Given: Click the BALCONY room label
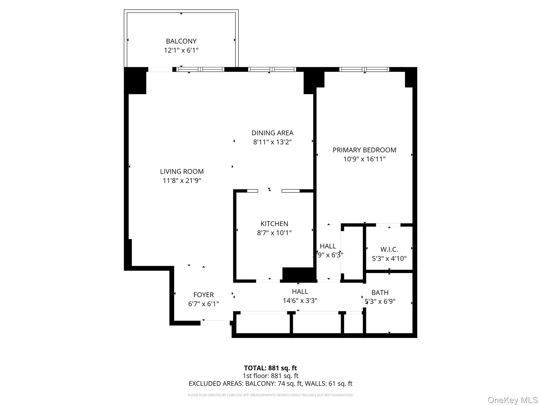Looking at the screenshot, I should (x=181, y=41).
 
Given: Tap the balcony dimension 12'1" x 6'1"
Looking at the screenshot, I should (x=181, y=50).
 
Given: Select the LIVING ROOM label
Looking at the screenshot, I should (x=182, y=172).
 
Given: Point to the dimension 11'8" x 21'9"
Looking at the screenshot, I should (x=182, y=181).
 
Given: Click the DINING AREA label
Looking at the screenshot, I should (x=272, y=133).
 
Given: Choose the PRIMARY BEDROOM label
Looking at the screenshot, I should (x=364, y=150).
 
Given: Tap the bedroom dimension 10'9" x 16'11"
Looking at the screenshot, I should (x=364, y=159).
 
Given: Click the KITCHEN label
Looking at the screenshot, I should (x=274, y=224).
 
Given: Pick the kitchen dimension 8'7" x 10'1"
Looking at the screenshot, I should (x=274, y=233).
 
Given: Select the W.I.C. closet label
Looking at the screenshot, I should (x=389, y=250).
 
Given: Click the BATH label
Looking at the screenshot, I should (x=380, y=293).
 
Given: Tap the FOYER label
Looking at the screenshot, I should (x=203, y=295).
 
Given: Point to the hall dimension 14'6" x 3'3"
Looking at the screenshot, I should (x=300, y=301).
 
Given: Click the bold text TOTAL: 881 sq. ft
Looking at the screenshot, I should (x=270, y=368).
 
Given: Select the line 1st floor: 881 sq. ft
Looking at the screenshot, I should (x=270, y=376).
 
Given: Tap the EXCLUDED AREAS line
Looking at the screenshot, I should (x=270, y=384).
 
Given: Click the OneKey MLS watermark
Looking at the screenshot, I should (x=512, y=400).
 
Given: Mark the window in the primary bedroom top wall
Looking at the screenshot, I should (x=364, y=70).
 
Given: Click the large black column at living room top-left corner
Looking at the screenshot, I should (x=135, y=81).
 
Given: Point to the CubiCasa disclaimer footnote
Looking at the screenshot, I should (x=270, y=395).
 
